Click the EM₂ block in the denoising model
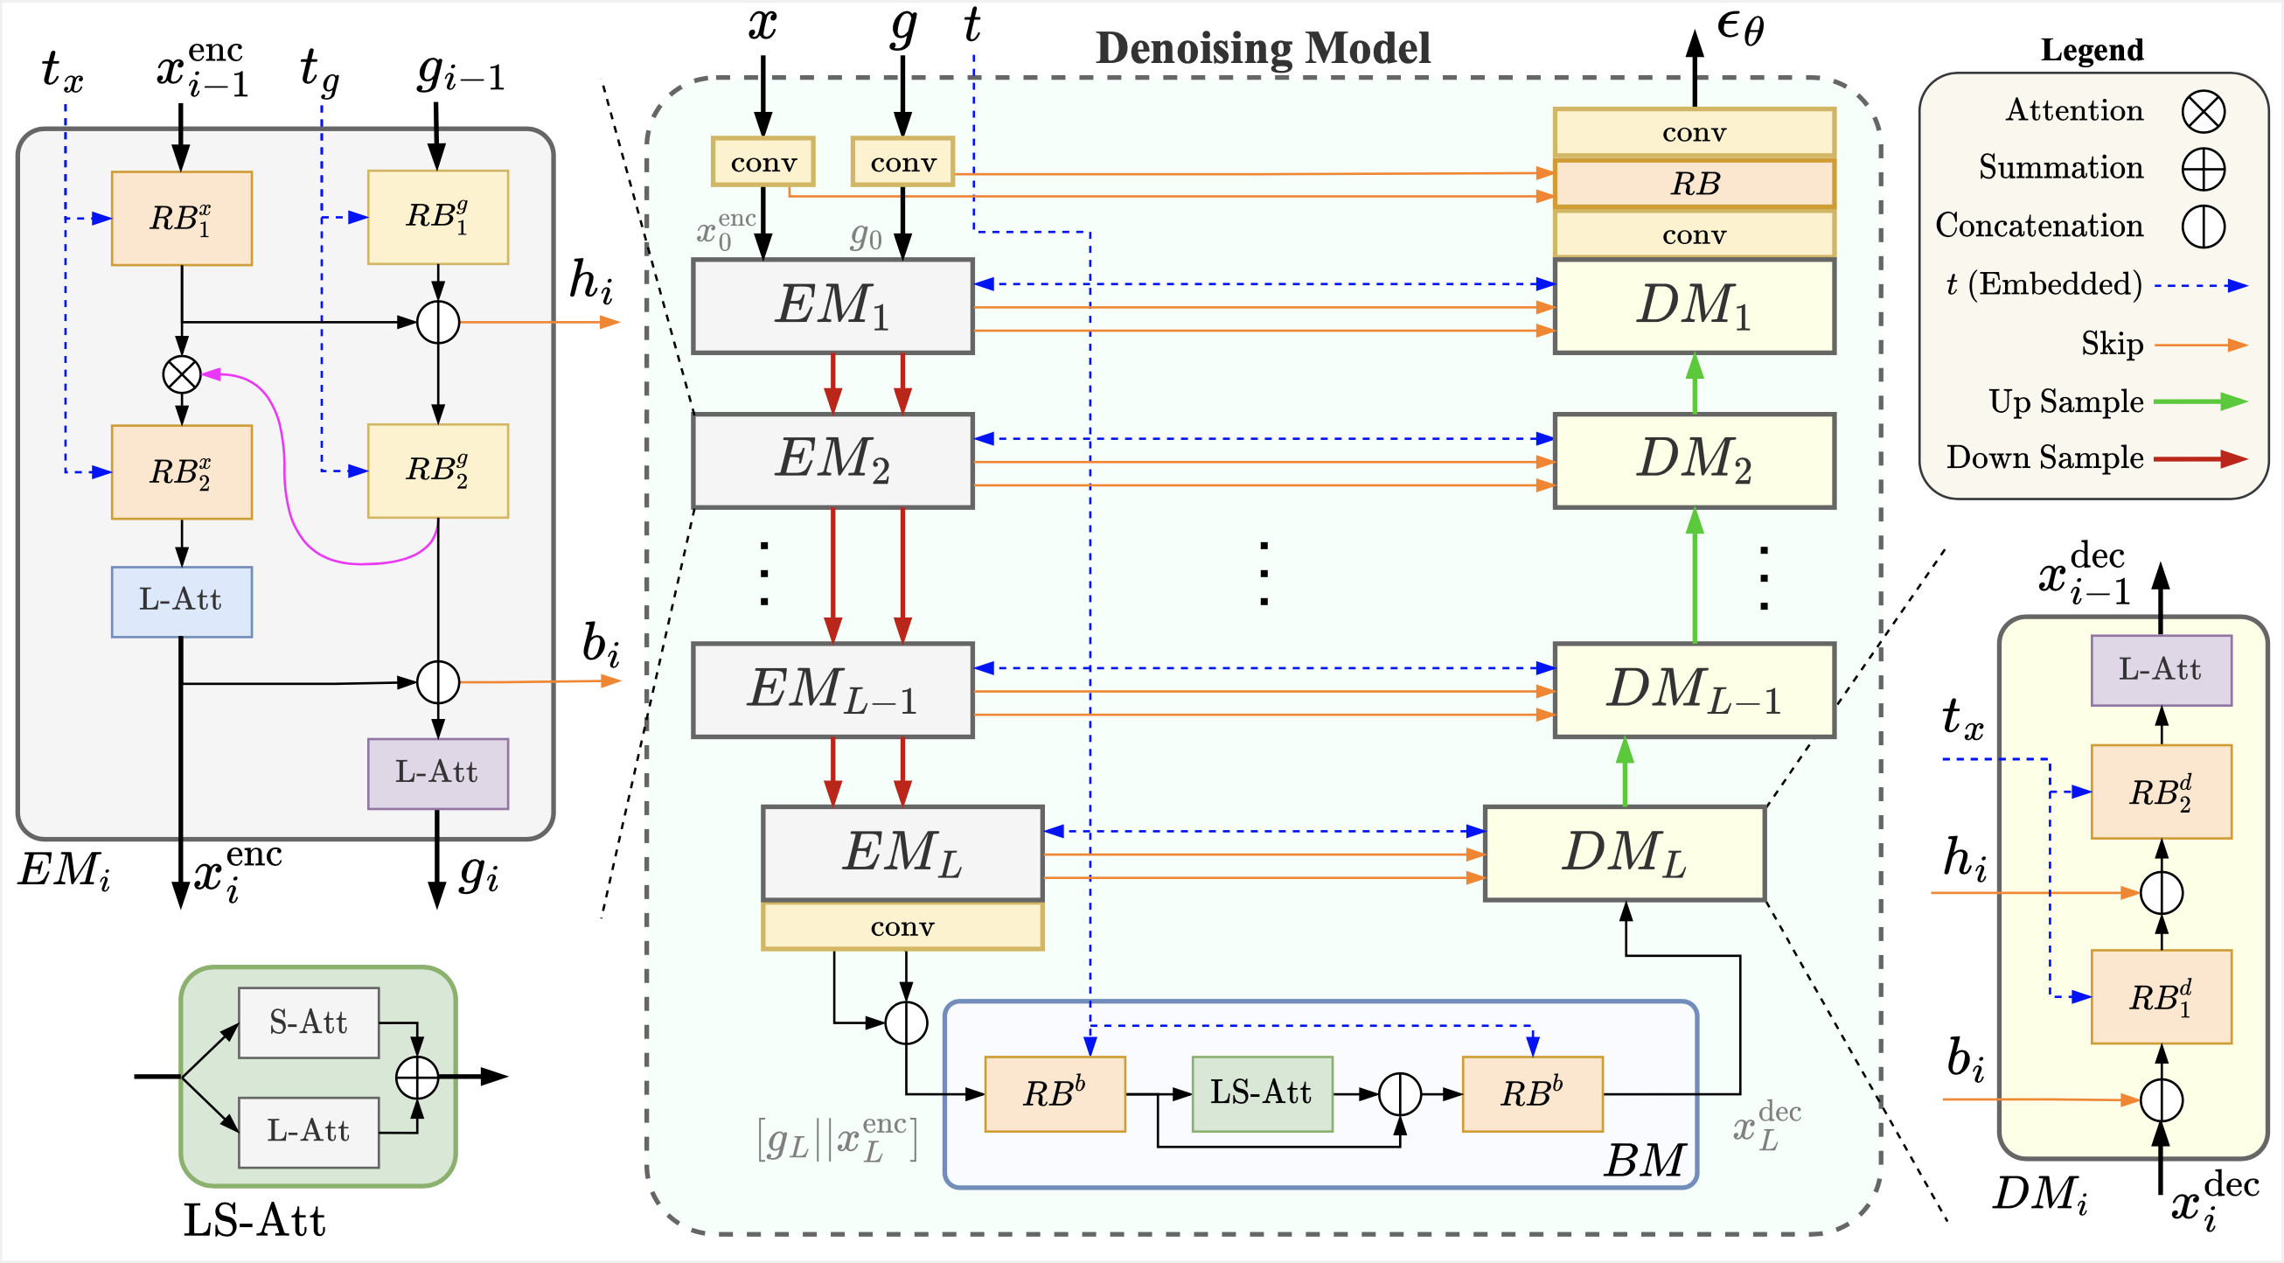click(x=832, y=460)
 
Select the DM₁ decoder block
click(x=1694, y=306)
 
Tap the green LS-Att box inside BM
click(x=1261, y=1092)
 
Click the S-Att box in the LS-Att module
click(x=308, y=1022)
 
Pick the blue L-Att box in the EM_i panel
click(x=181, y=602)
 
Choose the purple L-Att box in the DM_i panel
click(x=2160, y=670)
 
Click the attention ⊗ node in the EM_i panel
click(x=182, y=374)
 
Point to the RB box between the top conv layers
click(x=1694, y=184)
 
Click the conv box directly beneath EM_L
click(x=902, y=927)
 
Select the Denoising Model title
click(x=1263, y=48)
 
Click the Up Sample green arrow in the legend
click(x=2200, y=401)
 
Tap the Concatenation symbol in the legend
click(x=2203, y=227)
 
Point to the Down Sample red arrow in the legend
click(x=2200, y=458)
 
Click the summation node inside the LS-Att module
click(x=417, y=1078)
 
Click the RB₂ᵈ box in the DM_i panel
click(x=2160, y=792)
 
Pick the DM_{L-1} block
click(x=1694, y=690)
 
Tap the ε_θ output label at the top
click(x=1739, y=26)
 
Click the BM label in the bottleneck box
click(x=1643, y=1159)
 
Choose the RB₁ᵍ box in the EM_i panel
click(x=437, y=217)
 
